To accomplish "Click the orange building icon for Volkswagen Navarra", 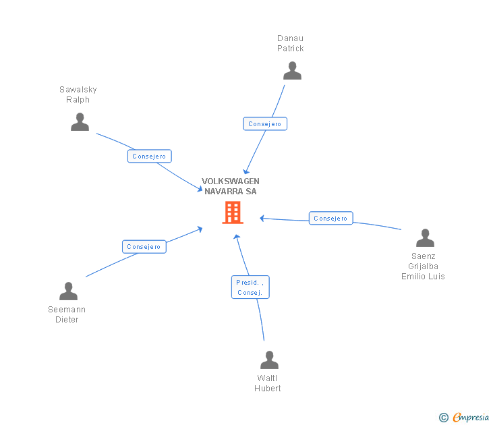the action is (233, 213).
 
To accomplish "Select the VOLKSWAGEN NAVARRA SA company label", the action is (231, 186).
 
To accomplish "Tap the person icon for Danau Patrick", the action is (292, 71).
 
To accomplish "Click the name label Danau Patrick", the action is (291, 43).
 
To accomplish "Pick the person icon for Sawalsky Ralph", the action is (80, 122).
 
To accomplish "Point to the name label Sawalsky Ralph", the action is (78, 94).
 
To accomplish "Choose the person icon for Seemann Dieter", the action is (68, 291).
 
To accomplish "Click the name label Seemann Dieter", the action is (67, 314).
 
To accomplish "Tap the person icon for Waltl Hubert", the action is (269, 360).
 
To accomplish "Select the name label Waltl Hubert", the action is (268, 383).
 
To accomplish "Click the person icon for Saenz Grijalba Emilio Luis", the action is (425, 238).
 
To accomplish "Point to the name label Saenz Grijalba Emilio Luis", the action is (423, 266).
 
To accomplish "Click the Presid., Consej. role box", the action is (250, 287).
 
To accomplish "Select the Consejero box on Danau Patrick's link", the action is (265, 124).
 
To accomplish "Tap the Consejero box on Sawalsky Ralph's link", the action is (150, 157).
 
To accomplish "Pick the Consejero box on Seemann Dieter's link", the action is (144, 247).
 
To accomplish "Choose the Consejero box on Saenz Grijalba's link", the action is (331, 219).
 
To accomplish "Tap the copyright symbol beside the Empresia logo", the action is (444, 418).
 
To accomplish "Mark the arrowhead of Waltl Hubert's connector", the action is (237, 237).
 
